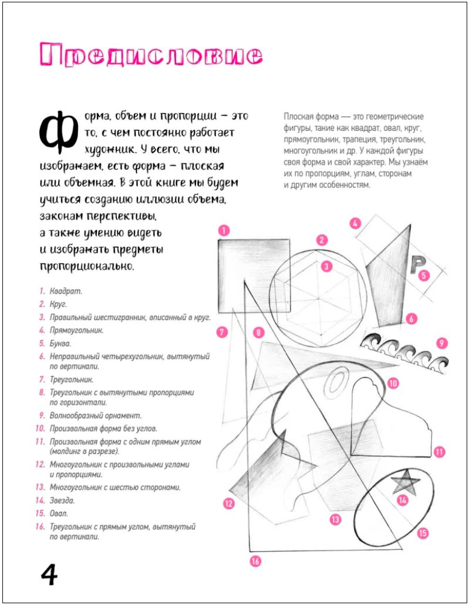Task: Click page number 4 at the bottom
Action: tap(49, 574)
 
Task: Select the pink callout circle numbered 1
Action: tap(222, 231)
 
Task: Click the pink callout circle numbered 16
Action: tap(254, 561)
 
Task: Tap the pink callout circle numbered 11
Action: tap(439, 452)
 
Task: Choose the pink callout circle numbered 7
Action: tap(221, 332)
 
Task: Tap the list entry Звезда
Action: tap(62, 500)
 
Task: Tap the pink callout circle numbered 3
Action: tap(326, 266)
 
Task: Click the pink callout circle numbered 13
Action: tap(335, 519)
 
